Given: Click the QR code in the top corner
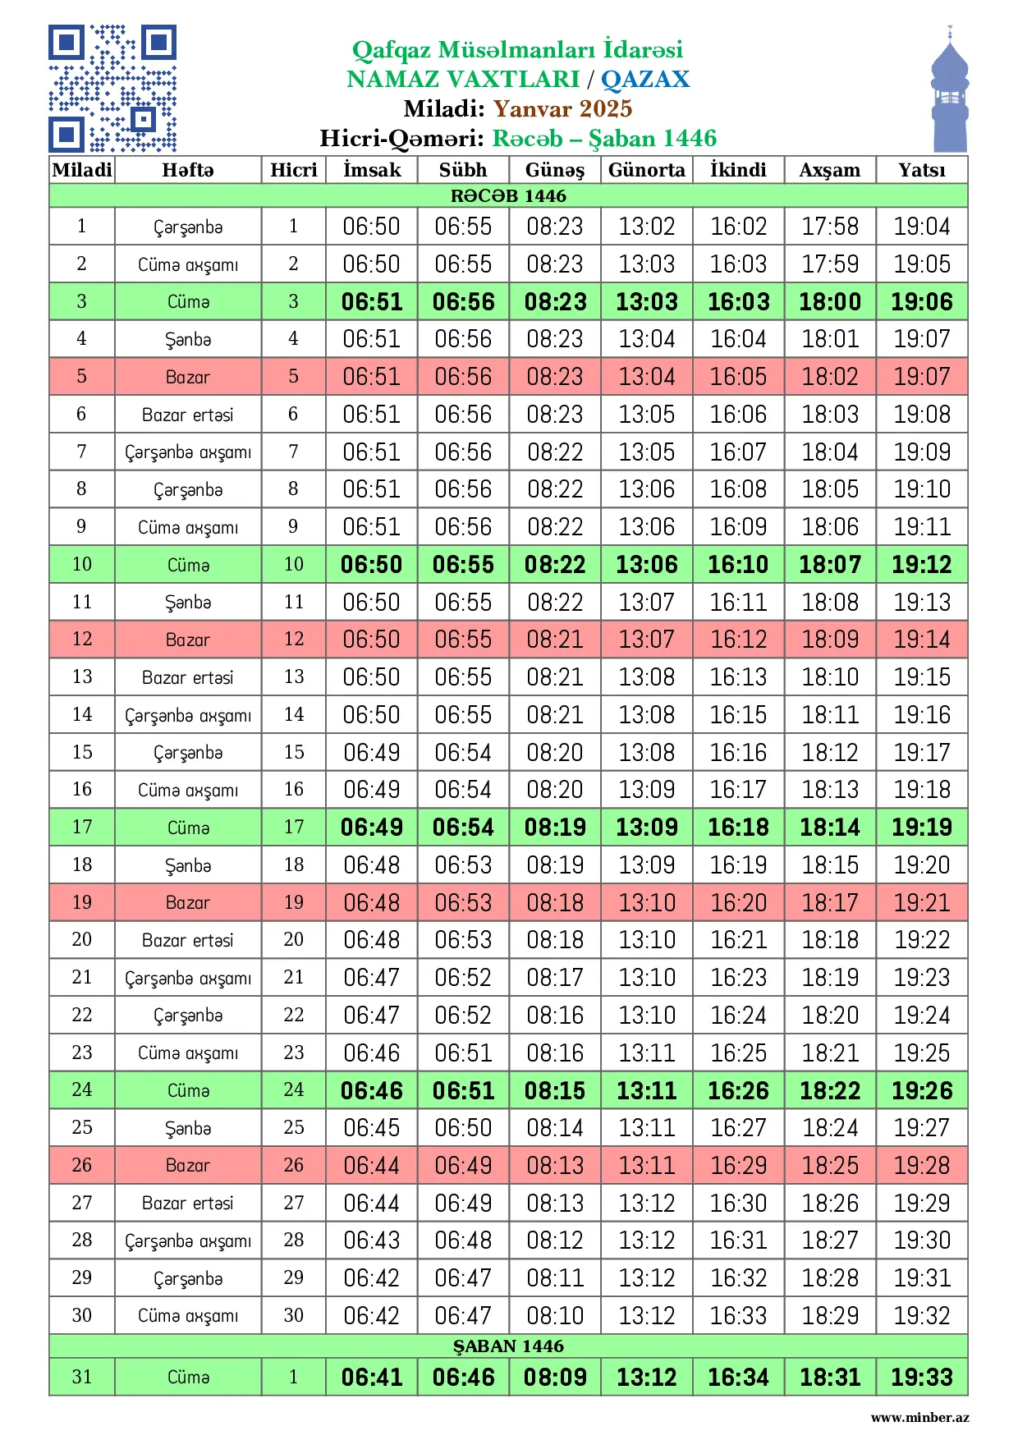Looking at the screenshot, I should [112, 89].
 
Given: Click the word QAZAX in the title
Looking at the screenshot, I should [645, 79].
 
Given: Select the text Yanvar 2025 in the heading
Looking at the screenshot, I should [562, 108].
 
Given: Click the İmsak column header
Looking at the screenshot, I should [372, 170].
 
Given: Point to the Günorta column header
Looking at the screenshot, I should [647, 170].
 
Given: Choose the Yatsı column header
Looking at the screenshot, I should [921, 170].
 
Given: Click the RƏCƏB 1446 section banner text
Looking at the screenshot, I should [508, 195].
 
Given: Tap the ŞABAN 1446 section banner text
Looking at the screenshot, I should [508, 1346].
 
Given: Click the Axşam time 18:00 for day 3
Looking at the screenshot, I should [830, 301].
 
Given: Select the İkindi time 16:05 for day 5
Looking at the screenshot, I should [739, 377].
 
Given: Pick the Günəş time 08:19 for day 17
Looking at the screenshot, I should [555, 827].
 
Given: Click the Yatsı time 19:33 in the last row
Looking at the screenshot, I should [922, 1377].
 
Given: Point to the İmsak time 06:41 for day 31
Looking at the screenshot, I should [372, 1377].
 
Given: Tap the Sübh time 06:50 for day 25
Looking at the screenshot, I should [463, 1127].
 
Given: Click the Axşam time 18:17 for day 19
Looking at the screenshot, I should [830, 902].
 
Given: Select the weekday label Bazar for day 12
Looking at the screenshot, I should [188, 640].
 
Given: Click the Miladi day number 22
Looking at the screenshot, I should [82, 1015].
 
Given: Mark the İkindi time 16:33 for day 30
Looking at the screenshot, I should [739, 1315].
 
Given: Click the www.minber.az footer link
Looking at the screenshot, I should [919, 1418].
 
